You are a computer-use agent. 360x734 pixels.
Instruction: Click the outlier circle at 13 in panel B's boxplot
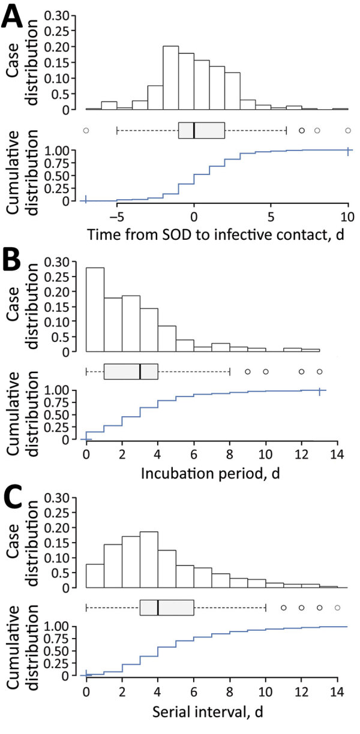tap(319, 371)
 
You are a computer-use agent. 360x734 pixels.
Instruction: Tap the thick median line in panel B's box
tap(140, 371)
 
